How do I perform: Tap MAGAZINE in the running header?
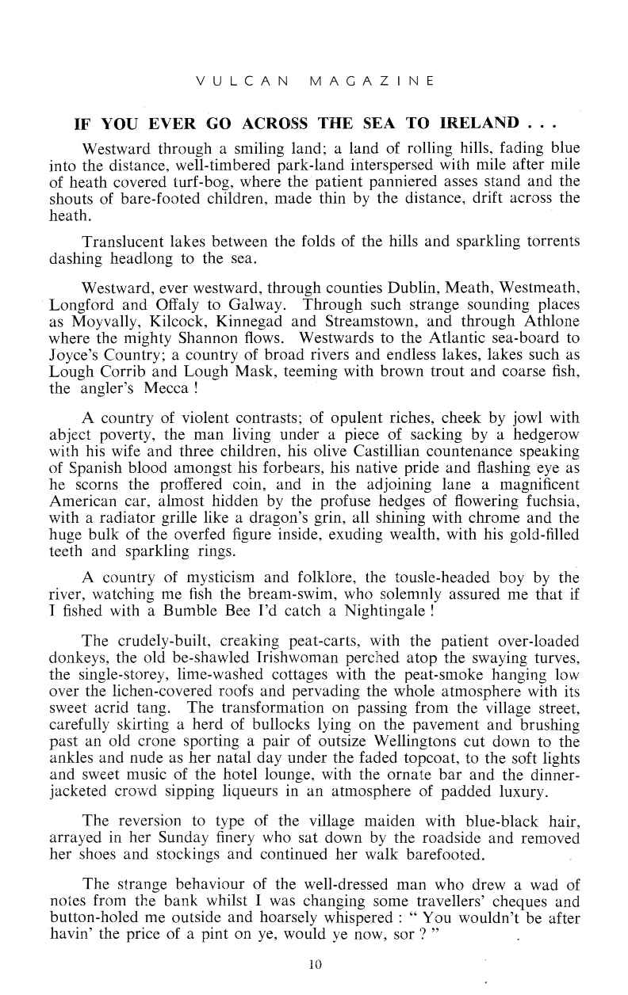[372, 80]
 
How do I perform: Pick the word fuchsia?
[548, 506]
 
